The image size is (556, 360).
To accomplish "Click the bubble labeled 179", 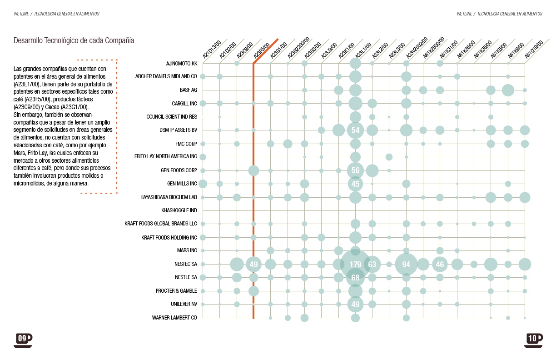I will [355, 264].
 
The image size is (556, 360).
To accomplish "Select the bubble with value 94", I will [406, 264].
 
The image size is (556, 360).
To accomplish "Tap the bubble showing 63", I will [372, 264].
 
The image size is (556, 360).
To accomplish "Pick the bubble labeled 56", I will [355, 170].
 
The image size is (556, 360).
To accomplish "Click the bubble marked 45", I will [355, 184].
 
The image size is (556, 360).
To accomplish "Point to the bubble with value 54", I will [355, 130].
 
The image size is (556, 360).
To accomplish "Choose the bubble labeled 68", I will [355, 277].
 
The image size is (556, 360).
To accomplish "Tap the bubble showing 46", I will [440, 264].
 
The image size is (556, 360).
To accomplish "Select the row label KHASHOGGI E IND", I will [179, 210].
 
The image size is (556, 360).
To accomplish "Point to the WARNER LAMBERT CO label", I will [174, 318].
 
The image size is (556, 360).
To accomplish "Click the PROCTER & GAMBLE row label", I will [176, 291].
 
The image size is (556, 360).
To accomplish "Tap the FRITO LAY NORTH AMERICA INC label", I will [166, 157].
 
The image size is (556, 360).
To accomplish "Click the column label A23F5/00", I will [262, 50].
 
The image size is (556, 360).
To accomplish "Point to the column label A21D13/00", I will [211, 50].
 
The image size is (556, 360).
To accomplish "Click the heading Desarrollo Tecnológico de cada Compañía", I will [74, 40].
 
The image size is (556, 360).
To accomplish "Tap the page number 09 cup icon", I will [23, 339].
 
